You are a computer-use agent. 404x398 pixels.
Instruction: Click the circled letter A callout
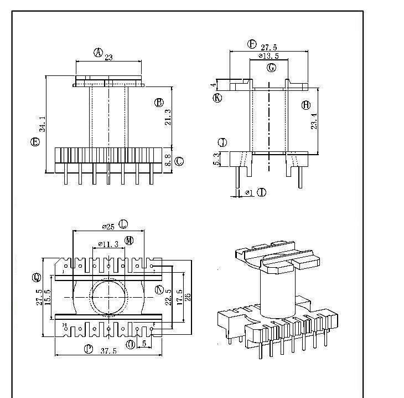coord(98,53)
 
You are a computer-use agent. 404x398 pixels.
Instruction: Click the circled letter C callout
coord(179,161)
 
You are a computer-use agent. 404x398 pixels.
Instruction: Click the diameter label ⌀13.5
coord(268,56)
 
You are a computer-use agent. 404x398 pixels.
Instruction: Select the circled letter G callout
coord(271,68)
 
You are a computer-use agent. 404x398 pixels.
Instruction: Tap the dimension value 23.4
coord(314,121)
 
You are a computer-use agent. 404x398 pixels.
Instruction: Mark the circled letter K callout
coord(217,98)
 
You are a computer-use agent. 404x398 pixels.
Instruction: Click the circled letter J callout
coord(222,143)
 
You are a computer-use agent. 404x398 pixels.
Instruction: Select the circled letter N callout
coord(159,290)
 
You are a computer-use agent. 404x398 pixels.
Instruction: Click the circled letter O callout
coord(131,345)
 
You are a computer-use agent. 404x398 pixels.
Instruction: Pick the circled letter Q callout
coord(37,277)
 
